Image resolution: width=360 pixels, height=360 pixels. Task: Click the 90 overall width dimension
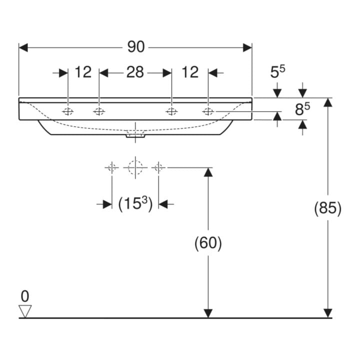click(x=136, y=47)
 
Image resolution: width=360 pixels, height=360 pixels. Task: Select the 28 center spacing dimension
click(x=135, y=72)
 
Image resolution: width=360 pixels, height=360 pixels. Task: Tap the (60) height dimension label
click(x=208, y=242)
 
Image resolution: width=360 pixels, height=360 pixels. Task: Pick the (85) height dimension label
click(x=327, y=208)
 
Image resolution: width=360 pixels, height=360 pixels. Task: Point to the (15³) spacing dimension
click(x=135, y=203)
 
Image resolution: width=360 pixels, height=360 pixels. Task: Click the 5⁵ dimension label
click(x=277, y=71)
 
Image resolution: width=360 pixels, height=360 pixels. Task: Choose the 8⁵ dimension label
click(x=302, y=109)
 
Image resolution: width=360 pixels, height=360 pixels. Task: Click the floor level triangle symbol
click(x=25, y=311)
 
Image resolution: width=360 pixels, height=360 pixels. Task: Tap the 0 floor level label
click(x=25, y=296)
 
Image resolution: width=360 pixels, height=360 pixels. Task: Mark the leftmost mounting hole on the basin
click(x=67, y=112)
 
